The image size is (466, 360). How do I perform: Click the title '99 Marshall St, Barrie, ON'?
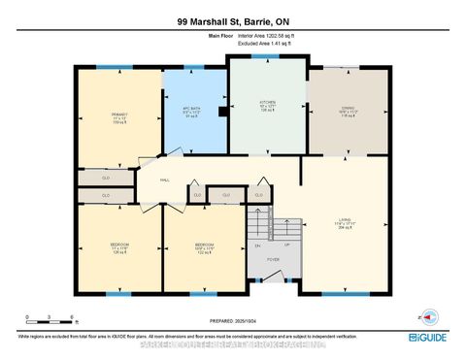point(232,20)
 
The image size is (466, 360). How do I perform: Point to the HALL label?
point(165,180)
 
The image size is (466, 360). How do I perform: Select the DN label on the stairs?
point(258,246)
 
